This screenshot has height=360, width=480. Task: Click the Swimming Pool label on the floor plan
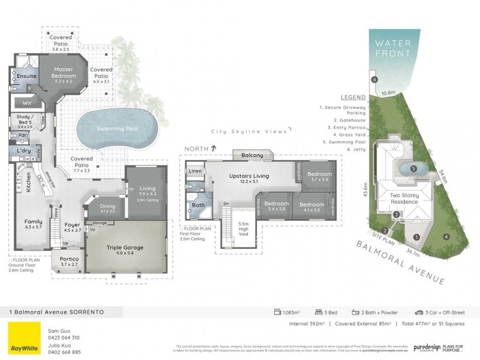click(118, 128)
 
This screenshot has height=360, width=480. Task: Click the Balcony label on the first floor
click(253, 155)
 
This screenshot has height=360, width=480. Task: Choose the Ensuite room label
click(27, 77)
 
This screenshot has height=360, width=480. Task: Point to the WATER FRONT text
click(393, 48)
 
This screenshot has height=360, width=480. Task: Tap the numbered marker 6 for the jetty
click(374, 79)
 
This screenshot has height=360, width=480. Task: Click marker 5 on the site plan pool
click(413, 169)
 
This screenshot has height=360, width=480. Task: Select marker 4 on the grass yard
click(446, 236)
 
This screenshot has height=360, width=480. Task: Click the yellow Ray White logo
click(24, 338)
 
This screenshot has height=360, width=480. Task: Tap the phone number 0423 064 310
click(64, 338)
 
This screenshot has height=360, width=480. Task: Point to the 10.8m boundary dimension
click(389, 93)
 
